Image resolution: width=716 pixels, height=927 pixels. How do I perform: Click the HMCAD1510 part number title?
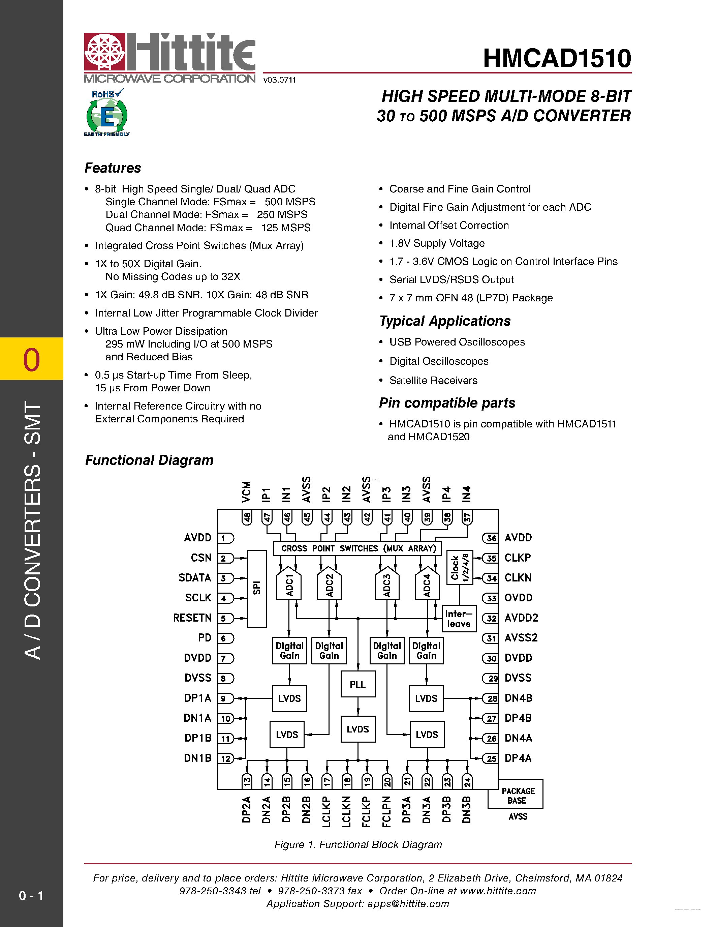pyautogui.click(x=557, y=58)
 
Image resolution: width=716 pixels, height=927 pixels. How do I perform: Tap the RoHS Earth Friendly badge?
pyautogui.click(x=107, y=113)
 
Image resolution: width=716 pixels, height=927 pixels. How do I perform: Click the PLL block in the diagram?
pyautogui.click(x=357, y=684)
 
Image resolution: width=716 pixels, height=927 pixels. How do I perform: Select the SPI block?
pyautogui.click(x=257, y=588)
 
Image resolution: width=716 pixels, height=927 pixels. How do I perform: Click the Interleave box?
pyautogui.click(x=459, y=619)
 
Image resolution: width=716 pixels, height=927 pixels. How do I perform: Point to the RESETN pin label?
pyautogui.click(x=192, y=618)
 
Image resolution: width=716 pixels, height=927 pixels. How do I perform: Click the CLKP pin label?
pyautogui.click(x=518, y=558)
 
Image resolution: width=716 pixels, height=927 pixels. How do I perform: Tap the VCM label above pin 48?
pyautogui.click(x=246, y=491)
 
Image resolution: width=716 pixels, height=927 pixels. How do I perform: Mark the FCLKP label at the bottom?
pyautogui.click(x=366, y=812)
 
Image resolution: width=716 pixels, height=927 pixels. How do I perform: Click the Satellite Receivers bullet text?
pyautogui.click(x=433, y=380)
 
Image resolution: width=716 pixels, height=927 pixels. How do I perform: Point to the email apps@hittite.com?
pyautogui.click(x=408, y=904)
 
